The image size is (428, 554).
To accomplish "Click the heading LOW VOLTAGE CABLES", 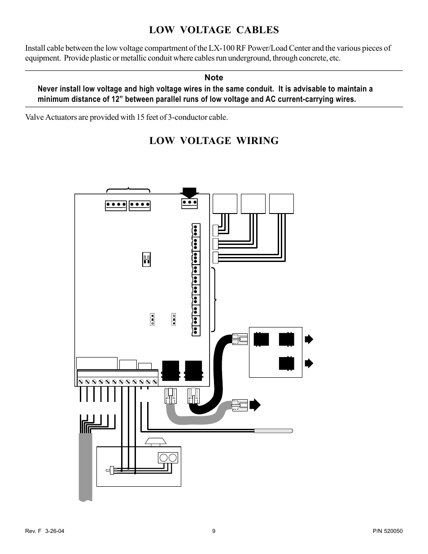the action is (x=214, y=30).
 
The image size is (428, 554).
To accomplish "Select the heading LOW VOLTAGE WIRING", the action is (x=214, y=141).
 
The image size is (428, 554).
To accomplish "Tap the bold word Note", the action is (x=214, y=78).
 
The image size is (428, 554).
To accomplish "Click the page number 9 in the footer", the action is (x=214, y=531).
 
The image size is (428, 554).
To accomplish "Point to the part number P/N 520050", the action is (x=388, y=531).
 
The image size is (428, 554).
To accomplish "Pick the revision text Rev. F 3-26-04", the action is (x=44, y=531).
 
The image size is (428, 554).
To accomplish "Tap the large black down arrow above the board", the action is (x=189, y=193).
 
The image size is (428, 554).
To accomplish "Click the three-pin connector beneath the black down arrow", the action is (x=189, y=204).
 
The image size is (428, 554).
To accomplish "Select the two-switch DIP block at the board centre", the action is (x=146, y=260).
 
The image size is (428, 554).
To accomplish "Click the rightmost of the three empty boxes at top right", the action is (x=281, y=204).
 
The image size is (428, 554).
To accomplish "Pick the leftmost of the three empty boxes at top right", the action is (x=225, y=204).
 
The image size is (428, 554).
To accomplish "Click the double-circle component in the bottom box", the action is (x=168, y=458).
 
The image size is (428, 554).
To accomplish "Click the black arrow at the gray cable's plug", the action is (x=255, y=405).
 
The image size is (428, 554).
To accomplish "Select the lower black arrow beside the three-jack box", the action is (x=309, y=363).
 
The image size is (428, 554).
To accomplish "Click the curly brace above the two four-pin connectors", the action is (x=128, y=189).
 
